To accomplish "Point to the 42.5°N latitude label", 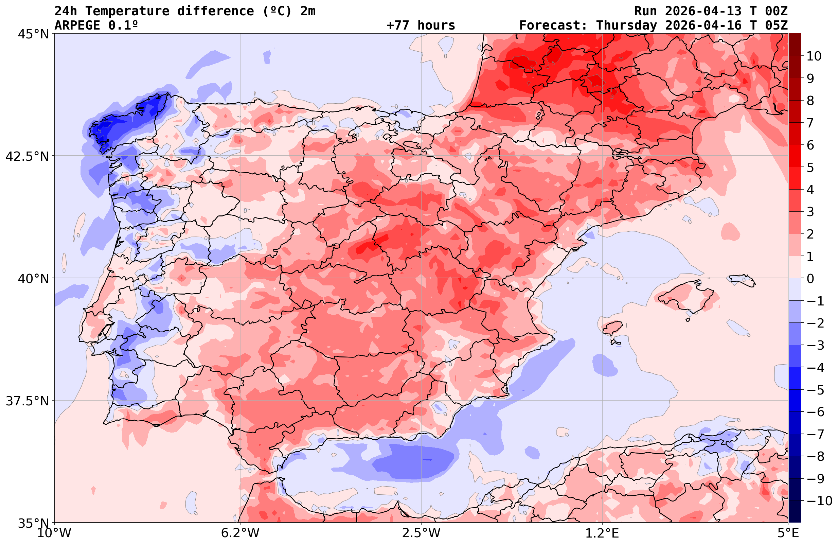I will pyautogui.click(x=27, y=156).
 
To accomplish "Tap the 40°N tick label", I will pyautogui.click(x=33, y=279).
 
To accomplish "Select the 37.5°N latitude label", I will pyautogui.click(x=27, y=401).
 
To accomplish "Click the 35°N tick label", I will pyautogui.click(x=33, y=523).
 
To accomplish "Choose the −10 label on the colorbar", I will pyautogui.click(x=819, y=500).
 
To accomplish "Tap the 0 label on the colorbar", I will pyautogui.click(x=810, y=279).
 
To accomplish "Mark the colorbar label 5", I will pyautogui.click(x=810, y=168).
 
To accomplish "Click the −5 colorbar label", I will pyautogui.click(x=815, y=390).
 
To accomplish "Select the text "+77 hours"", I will pyautogui.click(x=421, y=25).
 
